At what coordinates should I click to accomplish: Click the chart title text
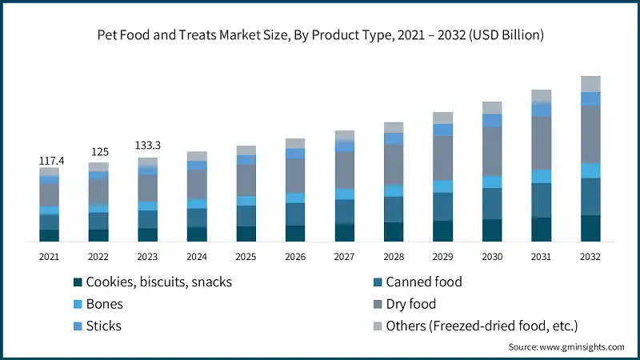(320, 35)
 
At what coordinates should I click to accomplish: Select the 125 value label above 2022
(99, 151)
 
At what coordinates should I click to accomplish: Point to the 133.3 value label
(148, 145)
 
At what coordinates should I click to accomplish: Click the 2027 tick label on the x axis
(344, 256)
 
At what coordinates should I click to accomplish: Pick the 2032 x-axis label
(590, 256)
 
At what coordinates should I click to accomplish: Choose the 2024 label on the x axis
(197, 256)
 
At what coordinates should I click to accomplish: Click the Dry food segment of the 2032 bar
(590, 134)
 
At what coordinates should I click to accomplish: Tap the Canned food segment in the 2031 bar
(542, 200)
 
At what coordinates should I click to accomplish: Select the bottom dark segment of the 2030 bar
(492, 230)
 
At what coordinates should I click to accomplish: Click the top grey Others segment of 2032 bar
(590, 83)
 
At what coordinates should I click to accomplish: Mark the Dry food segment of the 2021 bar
(50, 194)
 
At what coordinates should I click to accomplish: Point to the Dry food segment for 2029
(443, 158)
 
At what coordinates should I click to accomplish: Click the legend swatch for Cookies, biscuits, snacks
(78, 282)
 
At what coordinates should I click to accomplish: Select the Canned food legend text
(424, 282)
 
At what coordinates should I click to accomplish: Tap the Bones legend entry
(104, 304)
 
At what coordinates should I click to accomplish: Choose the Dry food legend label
(411, 304)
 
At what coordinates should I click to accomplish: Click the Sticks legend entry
(104, 326)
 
